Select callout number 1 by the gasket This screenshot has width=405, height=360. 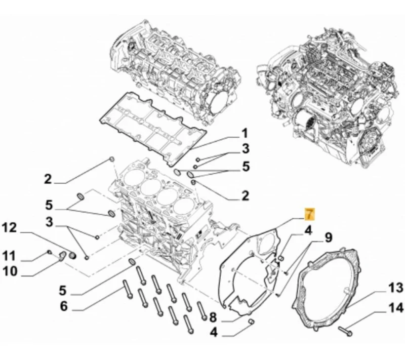pos(244,134)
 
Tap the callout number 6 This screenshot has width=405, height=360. pos(63,306)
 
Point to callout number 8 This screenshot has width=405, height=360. pos(213,318)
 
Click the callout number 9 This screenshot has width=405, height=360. pos(329,236)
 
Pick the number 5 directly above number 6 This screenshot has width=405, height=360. pos(63,291)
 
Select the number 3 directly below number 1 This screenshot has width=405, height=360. pos(245,149)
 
